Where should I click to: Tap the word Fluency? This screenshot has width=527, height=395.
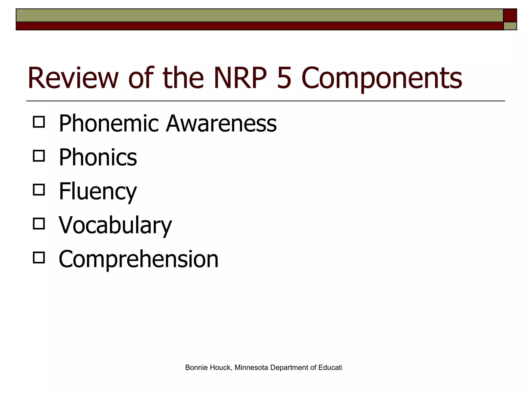pos(98,192)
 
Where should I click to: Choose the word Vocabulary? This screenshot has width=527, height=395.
pos(115,226)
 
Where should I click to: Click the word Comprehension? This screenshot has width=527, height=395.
pos(138,259)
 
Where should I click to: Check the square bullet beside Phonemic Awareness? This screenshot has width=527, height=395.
pos(39,122)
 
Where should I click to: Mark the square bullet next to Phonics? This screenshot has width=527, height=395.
pos(39,156)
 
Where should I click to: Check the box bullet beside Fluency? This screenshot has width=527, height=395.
pos(39,190)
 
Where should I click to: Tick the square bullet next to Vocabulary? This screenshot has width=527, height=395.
pos(39,224)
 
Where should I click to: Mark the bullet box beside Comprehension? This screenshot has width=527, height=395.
pos(39,257)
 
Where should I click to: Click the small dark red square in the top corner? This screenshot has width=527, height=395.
pos(510,15)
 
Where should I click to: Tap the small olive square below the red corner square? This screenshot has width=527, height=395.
pos(510,26)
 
